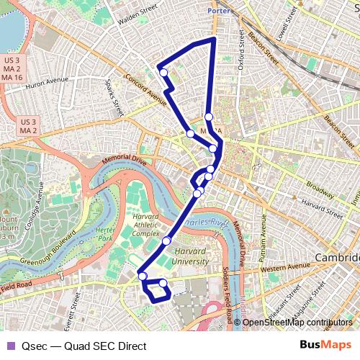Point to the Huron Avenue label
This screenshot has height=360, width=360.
45,84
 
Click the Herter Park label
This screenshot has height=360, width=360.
106,233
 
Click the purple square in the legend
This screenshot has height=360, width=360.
10,346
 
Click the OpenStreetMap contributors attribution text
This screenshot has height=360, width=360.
297,323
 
